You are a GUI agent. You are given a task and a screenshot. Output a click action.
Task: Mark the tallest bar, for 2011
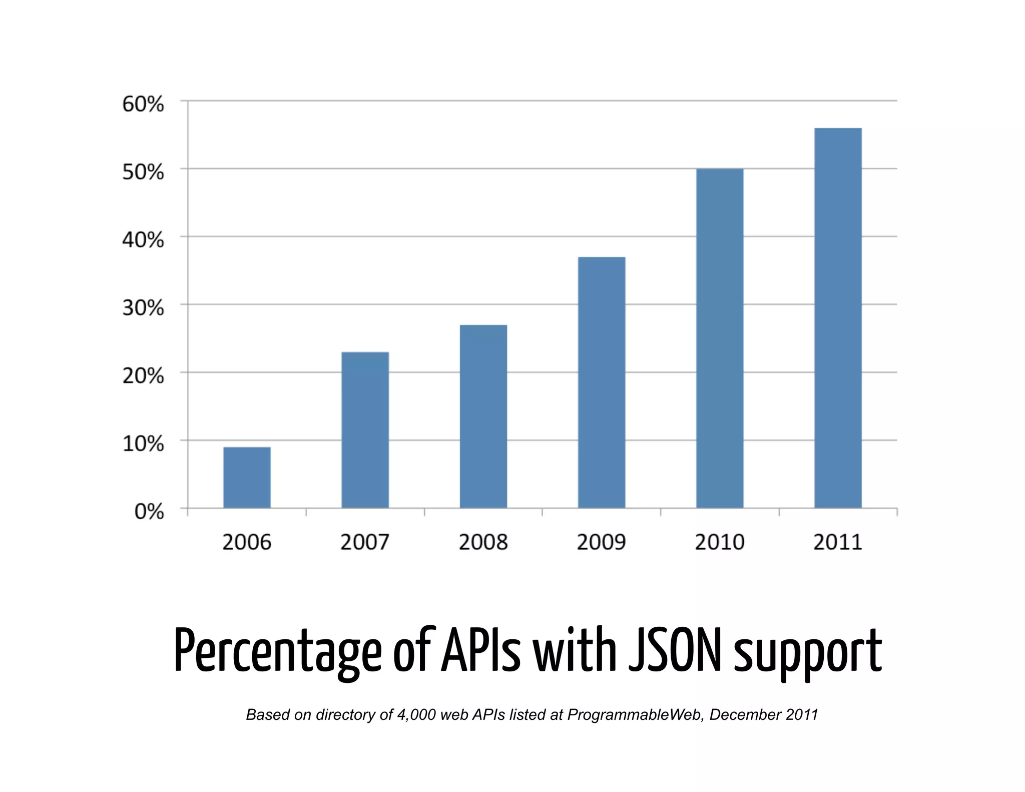click(837, 318)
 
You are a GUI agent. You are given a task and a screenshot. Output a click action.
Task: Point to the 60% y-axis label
click(143, 104)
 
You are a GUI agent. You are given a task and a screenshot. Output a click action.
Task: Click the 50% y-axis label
click(143, 172)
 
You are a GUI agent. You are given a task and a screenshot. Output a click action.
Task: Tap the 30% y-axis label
click(143, 308)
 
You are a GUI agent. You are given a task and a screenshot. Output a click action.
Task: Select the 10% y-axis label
click(143, 444)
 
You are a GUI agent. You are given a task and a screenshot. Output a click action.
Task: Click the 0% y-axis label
click(149, 512)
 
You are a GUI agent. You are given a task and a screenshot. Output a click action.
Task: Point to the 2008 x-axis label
click(483, 542)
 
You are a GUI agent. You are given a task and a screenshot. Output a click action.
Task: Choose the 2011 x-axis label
click(837, 542)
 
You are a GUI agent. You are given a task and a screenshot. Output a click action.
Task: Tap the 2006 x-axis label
click(247, 542)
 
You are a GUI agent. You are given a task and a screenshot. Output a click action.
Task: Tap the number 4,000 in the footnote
click(416, 714)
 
